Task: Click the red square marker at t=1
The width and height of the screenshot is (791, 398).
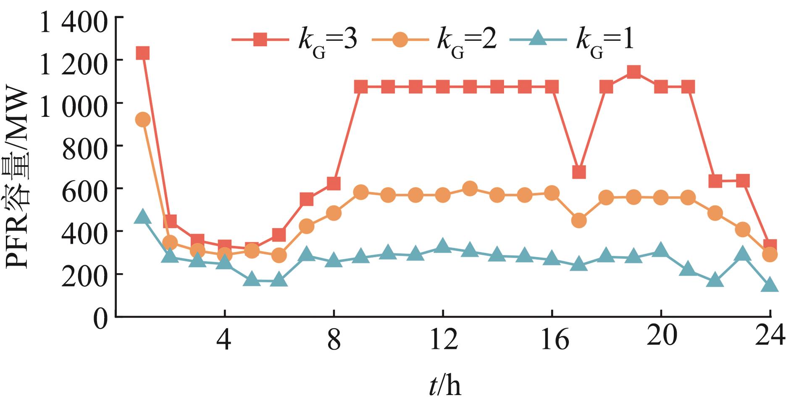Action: tap(143, 53)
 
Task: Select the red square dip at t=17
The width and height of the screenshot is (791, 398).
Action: tap(579, 172)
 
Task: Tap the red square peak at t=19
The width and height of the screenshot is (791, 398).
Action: tap(633, 72)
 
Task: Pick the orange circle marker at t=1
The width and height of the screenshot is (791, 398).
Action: tap(143, 120)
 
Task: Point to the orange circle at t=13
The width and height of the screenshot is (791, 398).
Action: tap(470, 189)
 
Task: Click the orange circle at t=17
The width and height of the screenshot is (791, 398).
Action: tap(579, 220)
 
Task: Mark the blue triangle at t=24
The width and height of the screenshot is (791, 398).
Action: tap(770, 285)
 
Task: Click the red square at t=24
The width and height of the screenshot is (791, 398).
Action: tap(770, 246)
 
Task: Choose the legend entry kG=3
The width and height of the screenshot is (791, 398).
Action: tap(294, 41)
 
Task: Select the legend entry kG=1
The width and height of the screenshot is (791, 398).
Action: tap(571, 41)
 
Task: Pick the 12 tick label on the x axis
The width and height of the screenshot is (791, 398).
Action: tap(443, 339)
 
